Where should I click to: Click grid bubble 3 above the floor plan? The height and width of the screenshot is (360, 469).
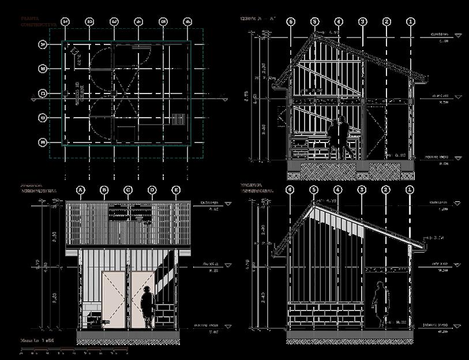(114, 22)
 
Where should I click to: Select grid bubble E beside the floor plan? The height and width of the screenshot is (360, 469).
(42, 142)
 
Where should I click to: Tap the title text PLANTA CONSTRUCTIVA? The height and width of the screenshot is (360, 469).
(38, 22)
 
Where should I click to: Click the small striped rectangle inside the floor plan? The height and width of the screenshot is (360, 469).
(177, 119)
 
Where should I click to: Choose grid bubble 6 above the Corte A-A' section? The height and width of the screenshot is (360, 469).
(290, 22)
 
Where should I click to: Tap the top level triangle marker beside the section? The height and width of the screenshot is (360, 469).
(459, 36)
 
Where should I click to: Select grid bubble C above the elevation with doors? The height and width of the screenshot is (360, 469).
(128, 190)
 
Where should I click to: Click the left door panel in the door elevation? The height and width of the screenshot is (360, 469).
(115, 300)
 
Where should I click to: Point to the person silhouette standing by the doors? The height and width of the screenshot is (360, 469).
(148, 306)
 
